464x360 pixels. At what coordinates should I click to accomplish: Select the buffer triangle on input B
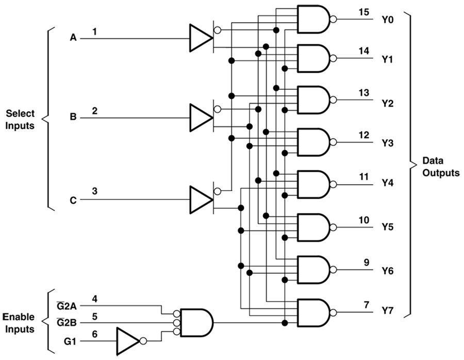[x=200, y=117]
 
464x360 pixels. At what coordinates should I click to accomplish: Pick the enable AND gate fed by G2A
[x=195, y=323]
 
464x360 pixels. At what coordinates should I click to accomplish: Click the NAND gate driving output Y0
[x=314, y=19]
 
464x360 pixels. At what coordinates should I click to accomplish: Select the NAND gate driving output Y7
[x=314, y=313]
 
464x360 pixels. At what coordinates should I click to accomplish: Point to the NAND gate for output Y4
[x=314, y=184]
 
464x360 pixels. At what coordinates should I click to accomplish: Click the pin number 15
[x=364, y=12]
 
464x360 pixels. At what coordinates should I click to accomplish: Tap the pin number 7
[x=366, y=305]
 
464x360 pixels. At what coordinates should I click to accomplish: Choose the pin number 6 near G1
[x=95, y=335]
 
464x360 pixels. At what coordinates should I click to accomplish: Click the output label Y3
[x=388, y=143]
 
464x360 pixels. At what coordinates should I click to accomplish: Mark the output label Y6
[x=388, y=271]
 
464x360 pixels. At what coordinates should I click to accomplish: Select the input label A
[x=73, y=38]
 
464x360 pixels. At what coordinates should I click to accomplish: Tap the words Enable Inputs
[x=19, y=322]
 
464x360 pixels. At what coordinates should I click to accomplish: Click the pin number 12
[x=364, y=135]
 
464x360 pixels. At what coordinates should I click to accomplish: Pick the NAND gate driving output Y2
[x=314, y=100]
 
